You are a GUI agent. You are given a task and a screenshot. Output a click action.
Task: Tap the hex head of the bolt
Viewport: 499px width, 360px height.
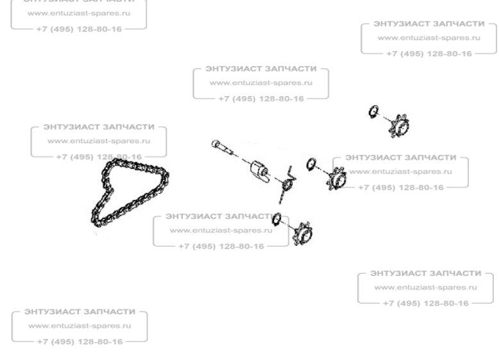tap(215, 144)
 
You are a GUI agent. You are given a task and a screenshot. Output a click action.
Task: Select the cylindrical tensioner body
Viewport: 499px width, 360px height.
tap(259, 172)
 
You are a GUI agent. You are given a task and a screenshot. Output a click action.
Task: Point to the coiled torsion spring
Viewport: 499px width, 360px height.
tap(288, 184)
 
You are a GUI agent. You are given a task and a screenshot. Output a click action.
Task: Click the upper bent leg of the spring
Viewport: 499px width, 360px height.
tap(292, 173)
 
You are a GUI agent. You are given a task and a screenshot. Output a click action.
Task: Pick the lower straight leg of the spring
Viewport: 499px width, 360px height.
tap(282, 196)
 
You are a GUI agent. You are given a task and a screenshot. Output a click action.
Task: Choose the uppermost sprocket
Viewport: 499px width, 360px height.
tap(399, 126)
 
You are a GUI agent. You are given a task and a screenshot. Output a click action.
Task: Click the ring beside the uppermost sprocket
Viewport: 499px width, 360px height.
tap(373, 111)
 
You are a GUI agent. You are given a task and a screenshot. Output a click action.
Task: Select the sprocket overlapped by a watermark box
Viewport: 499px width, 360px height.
tap(336, 179)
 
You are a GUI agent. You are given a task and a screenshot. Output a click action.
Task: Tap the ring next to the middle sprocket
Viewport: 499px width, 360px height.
tap(311, 164)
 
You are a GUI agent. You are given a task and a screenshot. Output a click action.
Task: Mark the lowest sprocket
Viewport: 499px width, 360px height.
tap(302, 234)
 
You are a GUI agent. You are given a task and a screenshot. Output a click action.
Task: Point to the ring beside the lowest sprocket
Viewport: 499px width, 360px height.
tap(277, 219)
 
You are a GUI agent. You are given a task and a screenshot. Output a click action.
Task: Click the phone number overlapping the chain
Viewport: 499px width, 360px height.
tap(99, 157)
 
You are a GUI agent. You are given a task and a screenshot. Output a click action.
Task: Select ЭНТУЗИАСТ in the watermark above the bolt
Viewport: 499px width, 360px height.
tap(234, 69)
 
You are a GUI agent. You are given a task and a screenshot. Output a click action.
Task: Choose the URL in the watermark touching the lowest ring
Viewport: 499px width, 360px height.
tap(221, 231)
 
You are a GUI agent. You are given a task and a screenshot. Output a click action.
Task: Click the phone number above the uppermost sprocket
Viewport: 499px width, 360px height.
tap(429, 54)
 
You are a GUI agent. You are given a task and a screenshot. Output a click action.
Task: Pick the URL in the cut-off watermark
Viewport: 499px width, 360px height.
tap(79, 13)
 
